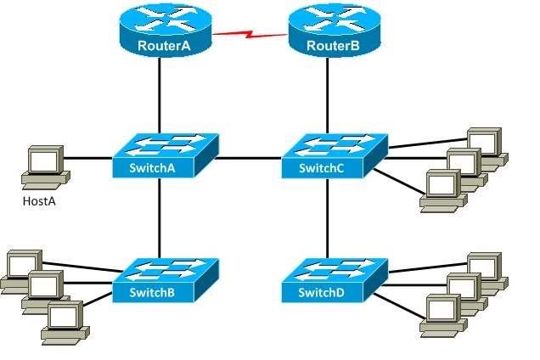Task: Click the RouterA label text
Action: click(x=164, y=46)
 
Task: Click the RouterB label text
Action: click(x=333, y=46)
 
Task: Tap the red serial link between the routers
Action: click(x=250, y=34)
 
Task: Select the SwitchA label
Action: click(x=152, y=168)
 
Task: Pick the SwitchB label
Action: click(x=152, y=292)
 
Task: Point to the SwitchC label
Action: click(x=321, y=168)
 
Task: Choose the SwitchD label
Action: click(x=321, y=292)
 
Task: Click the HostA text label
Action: click(x=39, y=201)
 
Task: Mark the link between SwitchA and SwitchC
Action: click(x=249, y=159)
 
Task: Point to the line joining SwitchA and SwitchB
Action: click(x=160, y=217)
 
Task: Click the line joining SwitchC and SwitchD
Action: click(x=327, y=218)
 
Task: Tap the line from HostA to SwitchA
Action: click(x=87, y=159)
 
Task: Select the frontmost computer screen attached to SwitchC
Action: click(x=442, y=183)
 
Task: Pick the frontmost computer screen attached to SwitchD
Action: click(x=442, y=308)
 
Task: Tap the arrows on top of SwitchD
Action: click(x=335, y=271)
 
